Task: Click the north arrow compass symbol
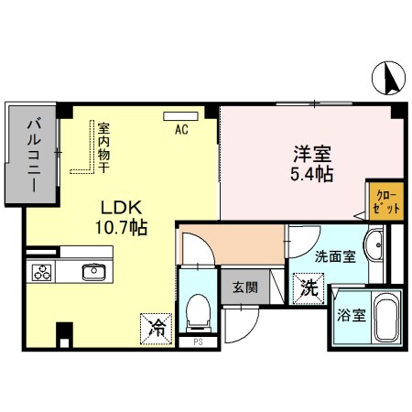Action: click(x=388, y=78)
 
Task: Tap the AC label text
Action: click(x=181, y=129)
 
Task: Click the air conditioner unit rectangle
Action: click(x=176, y=115)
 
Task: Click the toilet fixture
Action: click(x=196, y=312)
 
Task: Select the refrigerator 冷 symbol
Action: click(x=157, y=327)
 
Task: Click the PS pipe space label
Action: click(x=197, y=343)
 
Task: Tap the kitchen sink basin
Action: click(x=92, y=271)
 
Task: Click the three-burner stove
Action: click(x=42, y=272)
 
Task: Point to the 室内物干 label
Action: click(x=103, y=149)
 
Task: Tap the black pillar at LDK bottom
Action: click(x=63, y=334)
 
